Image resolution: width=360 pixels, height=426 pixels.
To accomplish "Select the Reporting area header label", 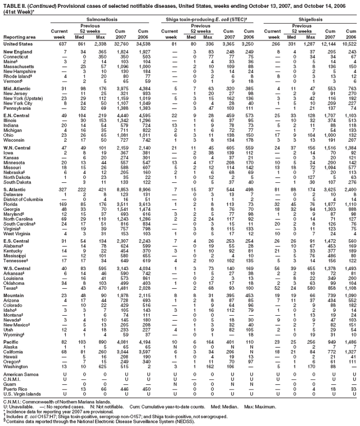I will pos(18,37).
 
